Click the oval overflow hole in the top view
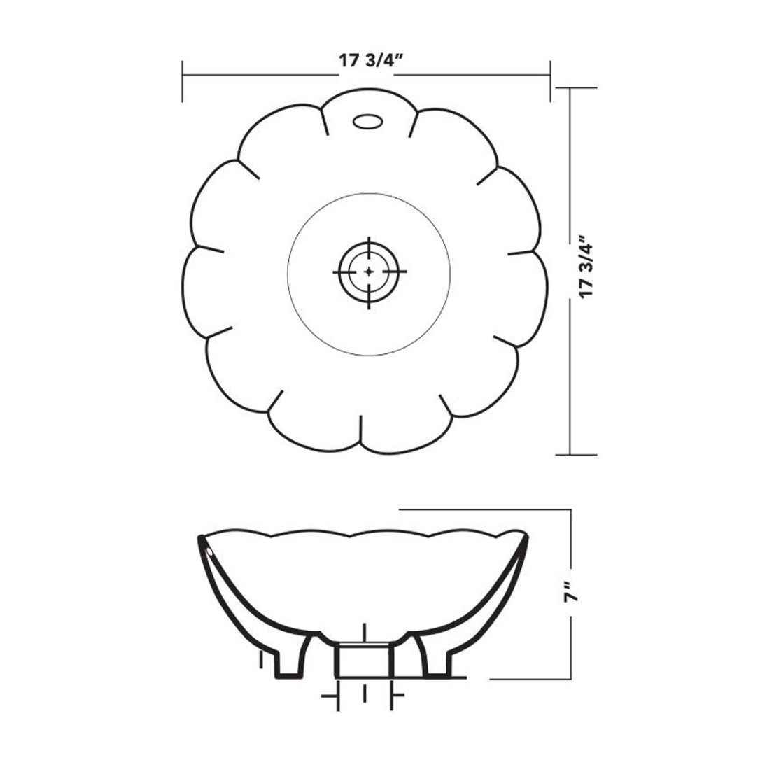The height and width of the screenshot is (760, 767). (367, 122)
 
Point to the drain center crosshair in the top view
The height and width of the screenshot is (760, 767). (369, 271)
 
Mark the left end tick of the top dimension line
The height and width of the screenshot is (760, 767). (183, 80)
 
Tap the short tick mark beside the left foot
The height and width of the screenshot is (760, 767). (260, 659)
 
